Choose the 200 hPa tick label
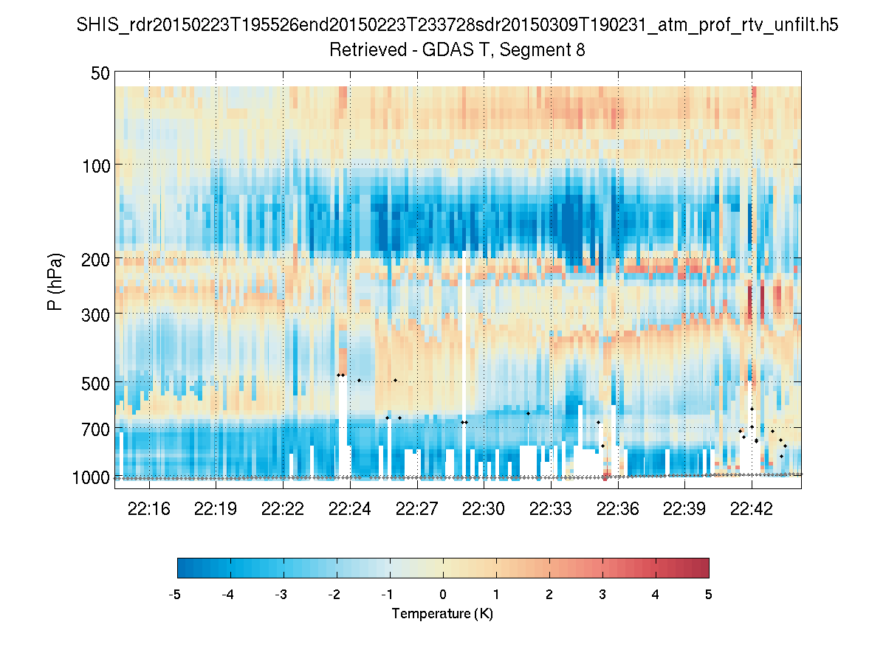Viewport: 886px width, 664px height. [x=96, y=259]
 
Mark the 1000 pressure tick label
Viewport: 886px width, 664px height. [x=91, y=477]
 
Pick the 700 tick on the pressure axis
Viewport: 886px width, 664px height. [x=96, y=429]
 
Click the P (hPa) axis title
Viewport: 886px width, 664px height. [x=55, y=281]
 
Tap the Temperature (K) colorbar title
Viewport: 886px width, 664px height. [x=442, y=614]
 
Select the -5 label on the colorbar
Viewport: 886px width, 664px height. [x=175, y=594]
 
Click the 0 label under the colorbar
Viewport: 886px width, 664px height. [x=443, y=594]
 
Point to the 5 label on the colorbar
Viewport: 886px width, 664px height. [x=709, y=594]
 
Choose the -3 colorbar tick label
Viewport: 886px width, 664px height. [x=281, y=594]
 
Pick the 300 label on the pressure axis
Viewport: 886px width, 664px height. [x=96, y=314]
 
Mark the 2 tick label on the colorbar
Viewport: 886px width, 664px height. [x=549, y=594]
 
